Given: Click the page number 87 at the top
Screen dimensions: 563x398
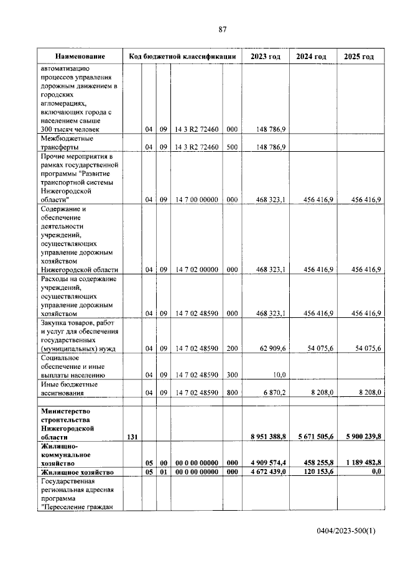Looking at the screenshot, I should coord(223,29).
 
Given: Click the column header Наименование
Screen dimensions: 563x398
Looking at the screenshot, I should coord(78,57).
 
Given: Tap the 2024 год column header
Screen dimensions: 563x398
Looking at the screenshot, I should coord(312,57).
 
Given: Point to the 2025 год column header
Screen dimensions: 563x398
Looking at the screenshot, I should coord(359,57).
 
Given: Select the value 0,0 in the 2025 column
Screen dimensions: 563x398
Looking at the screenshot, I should coord(374,473).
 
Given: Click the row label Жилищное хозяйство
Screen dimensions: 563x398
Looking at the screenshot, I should coord(76,473).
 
